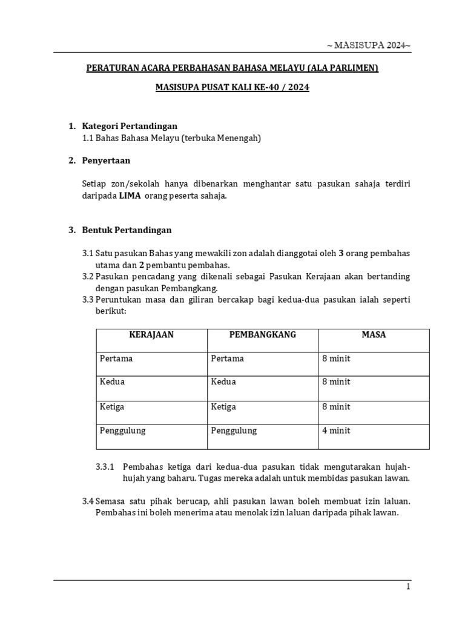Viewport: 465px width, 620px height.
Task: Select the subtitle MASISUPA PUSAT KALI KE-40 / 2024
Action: coord(232,87)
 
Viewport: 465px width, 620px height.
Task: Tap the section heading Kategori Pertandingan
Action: coord(130,126)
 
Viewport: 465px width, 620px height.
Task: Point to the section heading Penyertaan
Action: coord(106,160)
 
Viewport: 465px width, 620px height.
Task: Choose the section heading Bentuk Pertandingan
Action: coord(127,230)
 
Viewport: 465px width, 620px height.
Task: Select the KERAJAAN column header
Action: coord(151,335)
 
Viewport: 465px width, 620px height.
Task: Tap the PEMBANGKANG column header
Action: coord(263,335)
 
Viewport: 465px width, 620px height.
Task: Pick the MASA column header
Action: coord(374,335)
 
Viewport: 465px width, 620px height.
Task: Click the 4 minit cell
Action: coord(336,430)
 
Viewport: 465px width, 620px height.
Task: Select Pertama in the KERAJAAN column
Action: coord(116,358)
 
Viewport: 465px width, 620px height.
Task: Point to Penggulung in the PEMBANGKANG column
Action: coord(234,430)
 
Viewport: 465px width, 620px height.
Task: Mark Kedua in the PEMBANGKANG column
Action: coord(223,382)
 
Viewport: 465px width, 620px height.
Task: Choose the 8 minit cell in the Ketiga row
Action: coord(336,406)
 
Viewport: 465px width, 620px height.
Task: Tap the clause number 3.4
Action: coord(88,501)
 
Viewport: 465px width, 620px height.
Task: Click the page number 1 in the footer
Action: coord(408,587)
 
